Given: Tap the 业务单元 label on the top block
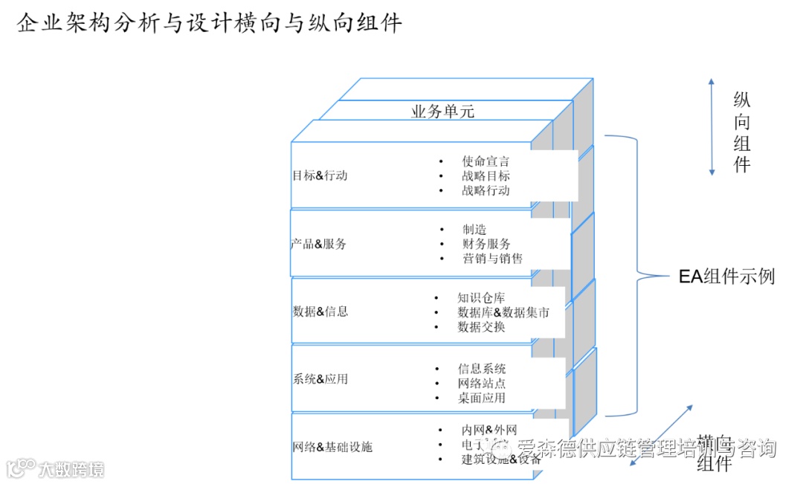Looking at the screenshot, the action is [442, 112].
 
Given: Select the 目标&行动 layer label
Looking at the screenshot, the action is [320, 176].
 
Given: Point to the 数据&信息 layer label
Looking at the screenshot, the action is [320, 312].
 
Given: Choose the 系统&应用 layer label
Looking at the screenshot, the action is [320, 378].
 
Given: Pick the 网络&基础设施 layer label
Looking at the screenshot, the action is [332, 447].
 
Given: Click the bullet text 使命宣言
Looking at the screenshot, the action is [486, 161].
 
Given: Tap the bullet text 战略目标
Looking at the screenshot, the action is [486, 175].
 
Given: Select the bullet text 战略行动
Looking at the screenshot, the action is [486, 190].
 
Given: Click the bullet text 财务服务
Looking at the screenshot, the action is [486, 244].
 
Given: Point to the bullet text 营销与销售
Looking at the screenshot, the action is [492, 259].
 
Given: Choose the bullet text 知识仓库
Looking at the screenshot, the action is [481, 298].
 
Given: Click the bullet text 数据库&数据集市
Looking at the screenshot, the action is [503, 312].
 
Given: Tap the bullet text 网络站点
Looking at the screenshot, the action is [482, 384].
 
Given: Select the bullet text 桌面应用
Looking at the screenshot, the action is [482, 398].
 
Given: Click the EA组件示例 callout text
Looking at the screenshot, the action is [726, 277].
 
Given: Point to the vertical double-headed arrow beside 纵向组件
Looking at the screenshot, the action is [712, 126].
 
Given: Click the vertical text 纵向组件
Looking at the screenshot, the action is [741, 132].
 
